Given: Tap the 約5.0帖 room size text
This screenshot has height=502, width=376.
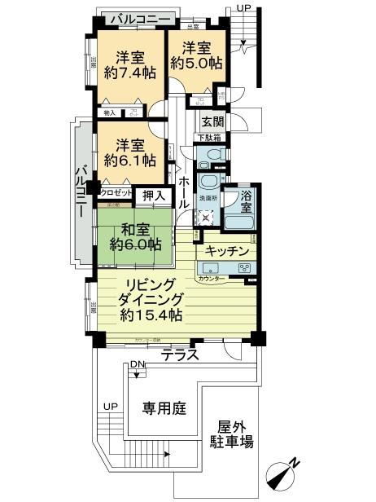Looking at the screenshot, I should pyautogui.click(x=195, y=62).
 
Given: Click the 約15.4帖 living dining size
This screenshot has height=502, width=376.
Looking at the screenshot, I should pyautogui.click(x=148, y=315).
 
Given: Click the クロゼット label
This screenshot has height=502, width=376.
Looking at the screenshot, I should pyautogui.click(x=116, y=193).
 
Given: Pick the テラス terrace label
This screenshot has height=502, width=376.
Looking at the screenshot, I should pyautogui.click(x=180, y=354).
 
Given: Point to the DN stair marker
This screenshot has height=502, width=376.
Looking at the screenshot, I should pyautogui.click(x=137, y=366).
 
